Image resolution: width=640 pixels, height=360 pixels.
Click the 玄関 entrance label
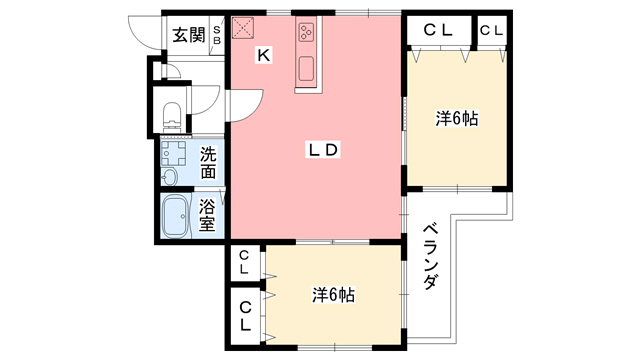188,36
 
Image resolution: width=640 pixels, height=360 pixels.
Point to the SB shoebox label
215,36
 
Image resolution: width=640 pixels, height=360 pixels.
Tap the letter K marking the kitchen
263,56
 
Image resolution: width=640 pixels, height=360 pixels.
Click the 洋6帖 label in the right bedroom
456,118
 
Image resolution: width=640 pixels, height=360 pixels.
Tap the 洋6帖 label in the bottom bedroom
332,295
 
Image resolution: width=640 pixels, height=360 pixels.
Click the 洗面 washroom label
208,163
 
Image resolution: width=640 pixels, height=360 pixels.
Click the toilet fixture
172,116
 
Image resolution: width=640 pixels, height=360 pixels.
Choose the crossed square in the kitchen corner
244,29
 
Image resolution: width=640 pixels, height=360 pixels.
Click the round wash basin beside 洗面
168,177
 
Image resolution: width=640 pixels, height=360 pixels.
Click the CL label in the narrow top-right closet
491,30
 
